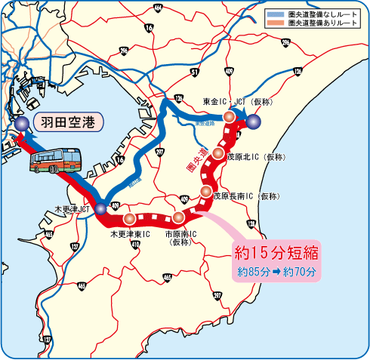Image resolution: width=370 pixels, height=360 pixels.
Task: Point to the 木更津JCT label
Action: pos(74,208)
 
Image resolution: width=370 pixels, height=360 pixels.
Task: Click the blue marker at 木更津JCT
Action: pos(100,208)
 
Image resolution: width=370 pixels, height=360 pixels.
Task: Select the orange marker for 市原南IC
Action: pos(178,217)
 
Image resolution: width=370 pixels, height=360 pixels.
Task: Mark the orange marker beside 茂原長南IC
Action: pos(205,192)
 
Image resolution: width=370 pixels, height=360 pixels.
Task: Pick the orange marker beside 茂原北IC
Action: pos(217,155)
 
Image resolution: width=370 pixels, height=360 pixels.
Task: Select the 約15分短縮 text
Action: pos(276,251)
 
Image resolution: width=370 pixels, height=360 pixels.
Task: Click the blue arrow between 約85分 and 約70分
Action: pos(276,270)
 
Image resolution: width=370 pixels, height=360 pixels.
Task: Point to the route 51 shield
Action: pos(195,72)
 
